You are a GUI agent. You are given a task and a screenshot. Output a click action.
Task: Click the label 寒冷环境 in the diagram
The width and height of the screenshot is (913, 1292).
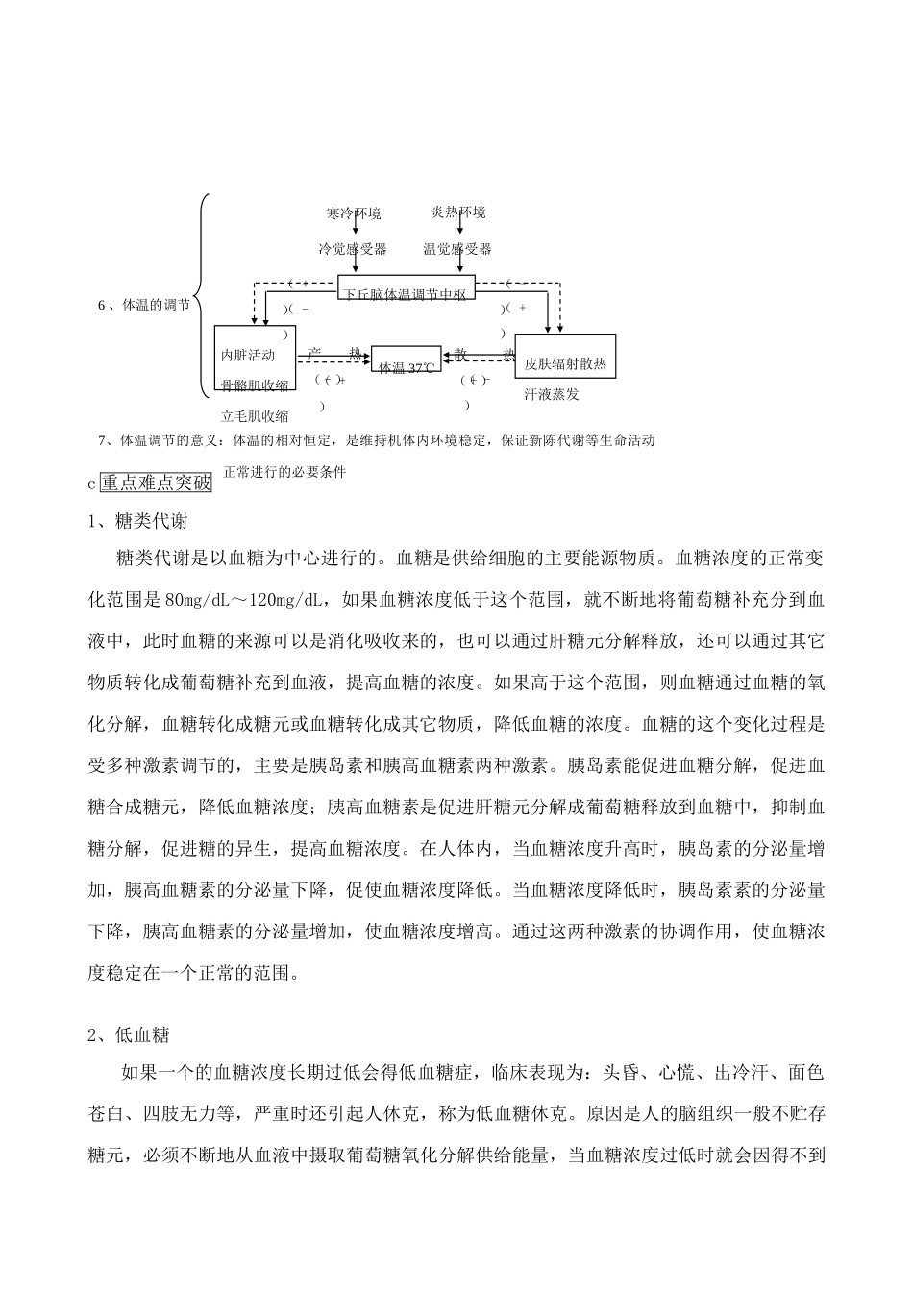pyautogui.click(x=354, y=212)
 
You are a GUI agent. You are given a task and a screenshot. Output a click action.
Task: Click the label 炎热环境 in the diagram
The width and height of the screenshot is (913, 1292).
pyautogui.click(x=458, y=211)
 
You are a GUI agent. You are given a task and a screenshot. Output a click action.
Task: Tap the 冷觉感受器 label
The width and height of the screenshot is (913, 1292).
pyautogui.click(x=354, y=249)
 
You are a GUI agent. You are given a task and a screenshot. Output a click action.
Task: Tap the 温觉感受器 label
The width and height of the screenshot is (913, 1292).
pyautogui.click(x=457, y=249)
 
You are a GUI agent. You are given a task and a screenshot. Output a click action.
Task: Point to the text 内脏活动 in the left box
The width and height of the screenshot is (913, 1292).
pyautogui.click(x=248, y=355)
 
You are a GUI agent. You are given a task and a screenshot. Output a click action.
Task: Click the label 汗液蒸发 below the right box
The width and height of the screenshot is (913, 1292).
pyautogui.click(x=552, y=394)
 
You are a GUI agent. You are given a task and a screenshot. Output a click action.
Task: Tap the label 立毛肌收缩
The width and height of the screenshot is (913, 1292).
pyautogui.click(x=255, y=416)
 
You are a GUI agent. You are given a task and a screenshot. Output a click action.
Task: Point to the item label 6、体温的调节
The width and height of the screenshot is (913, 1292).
pyautogui.click(x=144, y=305)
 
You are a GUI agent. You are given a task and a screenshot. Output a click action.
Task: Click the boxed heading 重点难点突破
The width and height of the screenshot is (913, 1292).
pyautogui.click(x=156, y=483)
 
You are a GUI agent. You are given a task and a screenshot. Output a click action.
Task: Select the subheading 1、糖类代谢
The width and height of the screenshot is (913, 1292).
pyautogui.click(x=137, y=522)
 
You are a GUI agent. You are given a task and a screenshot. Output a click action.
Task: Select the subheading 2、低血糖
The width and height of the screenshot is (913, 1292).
pyautogui.click(x=129, y=1035)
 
